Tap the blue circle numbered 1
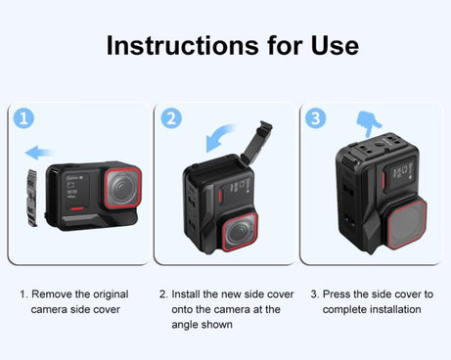pos(25,118)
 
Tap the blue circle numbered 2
pos(172,118)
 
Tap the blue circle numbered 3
pos(316,118)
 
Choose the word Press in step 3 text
pos(339,293)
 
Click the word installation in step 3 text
pos(395,309)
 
